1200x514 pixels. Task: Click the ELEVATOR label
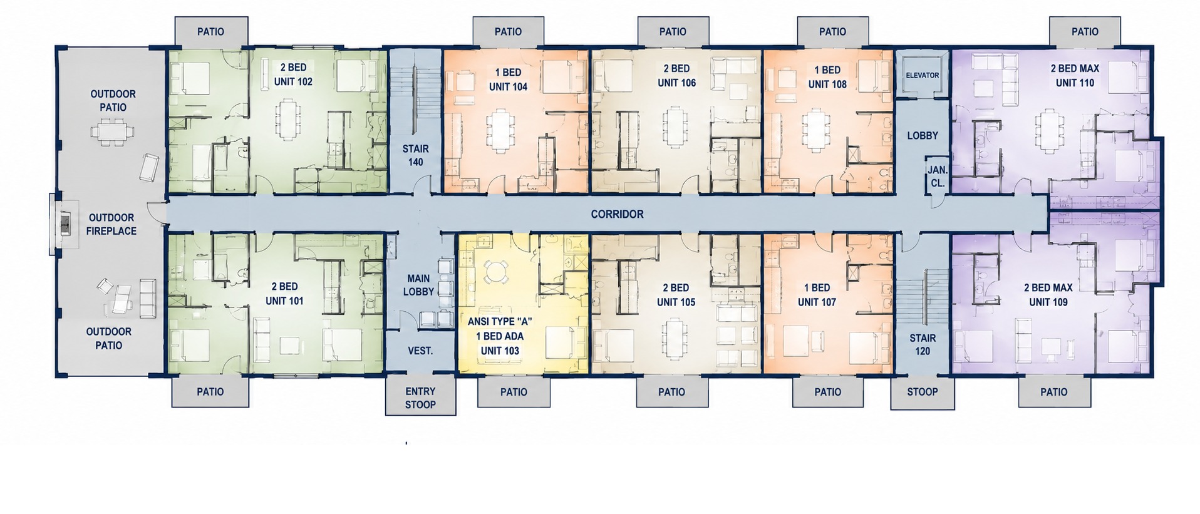pos(922,75)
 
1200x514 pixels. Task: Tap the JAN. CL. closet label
pos(937,177)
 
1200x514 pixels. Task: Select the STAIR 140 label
pos(416,155)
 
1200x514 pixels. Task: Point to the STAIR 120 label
pos(923,344)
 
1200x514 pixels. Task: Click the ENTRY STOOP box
pos(420,395)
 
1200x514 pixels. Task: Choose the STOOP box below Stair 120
pos(923,393)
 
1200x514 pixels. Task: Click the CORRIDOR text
pos(617,214)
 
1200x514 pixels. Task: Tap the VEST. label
pos(420,351)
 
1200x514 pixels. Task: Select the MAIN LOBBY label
pos(418,285)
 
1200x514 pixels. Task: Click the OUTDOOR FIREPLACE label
pos(111,224)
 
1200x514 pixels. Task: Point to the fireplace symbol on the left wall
pos(65,224)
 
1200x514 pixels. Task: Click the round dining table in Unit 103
pos(495,271)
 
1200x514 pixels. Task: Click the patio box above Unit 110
pos(1085,31)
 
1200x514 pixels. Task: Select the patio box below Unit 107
pos(827,392)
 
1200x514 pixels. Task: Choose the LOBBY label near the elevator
pos(923,135)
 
